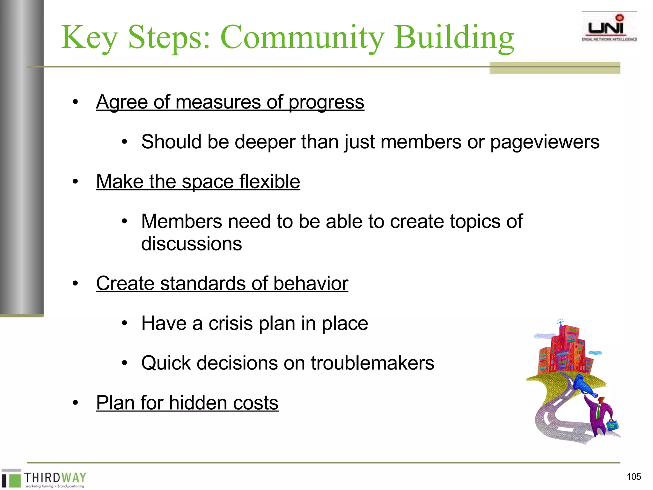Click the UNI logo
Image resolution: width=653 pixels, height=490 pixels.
(609, 27)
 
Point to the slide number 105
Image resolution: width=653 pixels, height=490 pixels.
(634, 477)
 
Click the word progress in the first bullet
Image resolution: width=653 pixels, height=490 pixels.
(326, 102)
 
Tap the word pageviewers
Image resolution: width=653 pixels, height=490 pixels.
(545, 142)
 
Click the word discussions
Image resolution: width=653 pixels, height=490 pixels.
(191, 244)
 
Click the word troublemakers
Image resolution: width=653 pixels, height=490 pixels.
(372, 363)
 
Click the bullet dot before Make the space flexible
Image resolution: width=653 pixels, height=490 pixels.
(75, 182)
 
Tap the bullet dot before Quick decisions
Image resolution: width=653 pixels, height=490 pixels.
(124, 363)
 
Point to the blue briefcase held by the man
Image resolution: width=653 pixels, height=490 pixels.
(613, 425)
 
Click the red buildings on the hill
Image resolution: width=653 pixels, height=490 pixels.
(564, 351)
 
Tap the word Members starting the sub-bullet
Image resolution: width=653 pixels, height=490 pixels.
(181, 221)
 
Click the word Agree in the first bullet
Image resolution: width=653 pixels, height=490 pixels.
(122, 102)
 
